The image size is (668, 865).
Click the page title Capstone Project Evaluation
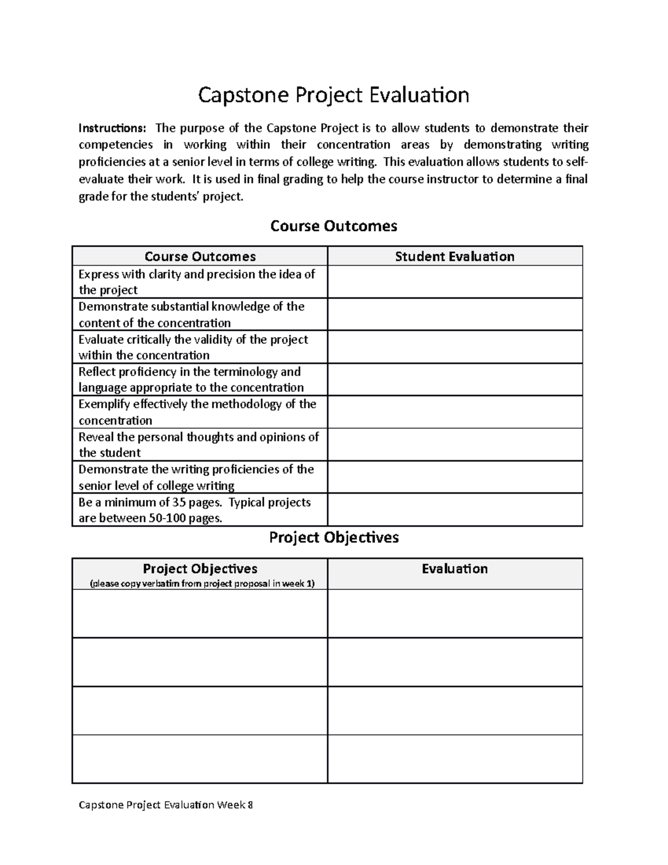click(333, 95)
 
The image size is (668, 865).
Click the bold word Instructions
click(112, 128)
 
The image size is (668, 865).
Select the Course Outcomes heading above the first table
click(333, 226)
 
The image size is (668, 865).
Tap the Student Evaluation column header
click(454, 256)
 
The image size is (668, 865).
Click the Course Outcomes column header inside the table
click(200, 256)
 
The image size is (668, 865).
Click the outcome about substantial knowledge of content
click(191, 315)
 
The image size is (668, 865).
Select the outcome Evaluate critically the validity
click(193, 347)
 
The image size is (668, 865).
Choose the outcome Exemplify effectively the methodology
click(197, 412)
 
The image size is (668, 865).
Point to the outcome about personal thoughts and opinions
click(198, 444)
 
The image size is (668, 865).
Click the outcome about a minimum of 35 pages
click(194, 510)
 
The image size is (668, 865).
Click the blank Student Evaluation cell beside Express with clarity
click(454, 282)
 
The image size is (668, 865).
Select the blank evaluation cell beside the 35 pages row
click(454, 510)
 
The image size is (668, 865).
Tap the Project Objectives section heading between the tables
click(333, 537)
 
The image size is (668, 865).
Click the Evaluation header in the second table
click(454, 569)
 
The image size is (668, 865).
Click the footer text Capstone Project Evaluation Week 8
click(165, 805)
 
